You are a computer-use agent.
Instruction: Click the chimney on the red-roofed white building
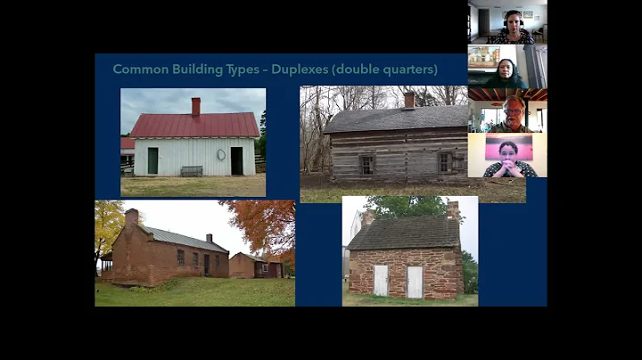coord(195,106)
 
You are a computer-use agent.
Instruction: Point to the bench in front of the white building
coord(191,170)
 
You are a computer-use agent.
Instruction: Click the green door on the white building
coord(152,160)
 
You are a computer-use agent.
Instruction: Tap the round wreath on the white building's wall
coord(221,154)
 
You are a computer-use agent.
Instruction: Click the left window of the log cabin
coord(366,164)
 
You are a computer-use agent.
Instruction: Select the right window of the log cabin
coord(445,162)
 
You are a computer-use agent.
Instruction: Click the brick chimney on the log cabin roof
coord(408,100)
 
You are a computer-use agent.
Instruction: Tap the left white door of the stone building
coord(381,281)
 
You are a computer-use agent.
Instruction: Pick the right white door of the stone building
coord(415,282)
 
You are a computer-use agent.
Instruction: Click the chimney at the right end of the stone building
coord(453,211)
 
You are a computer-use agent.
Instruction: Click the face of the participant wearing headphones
coord(512,20)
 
